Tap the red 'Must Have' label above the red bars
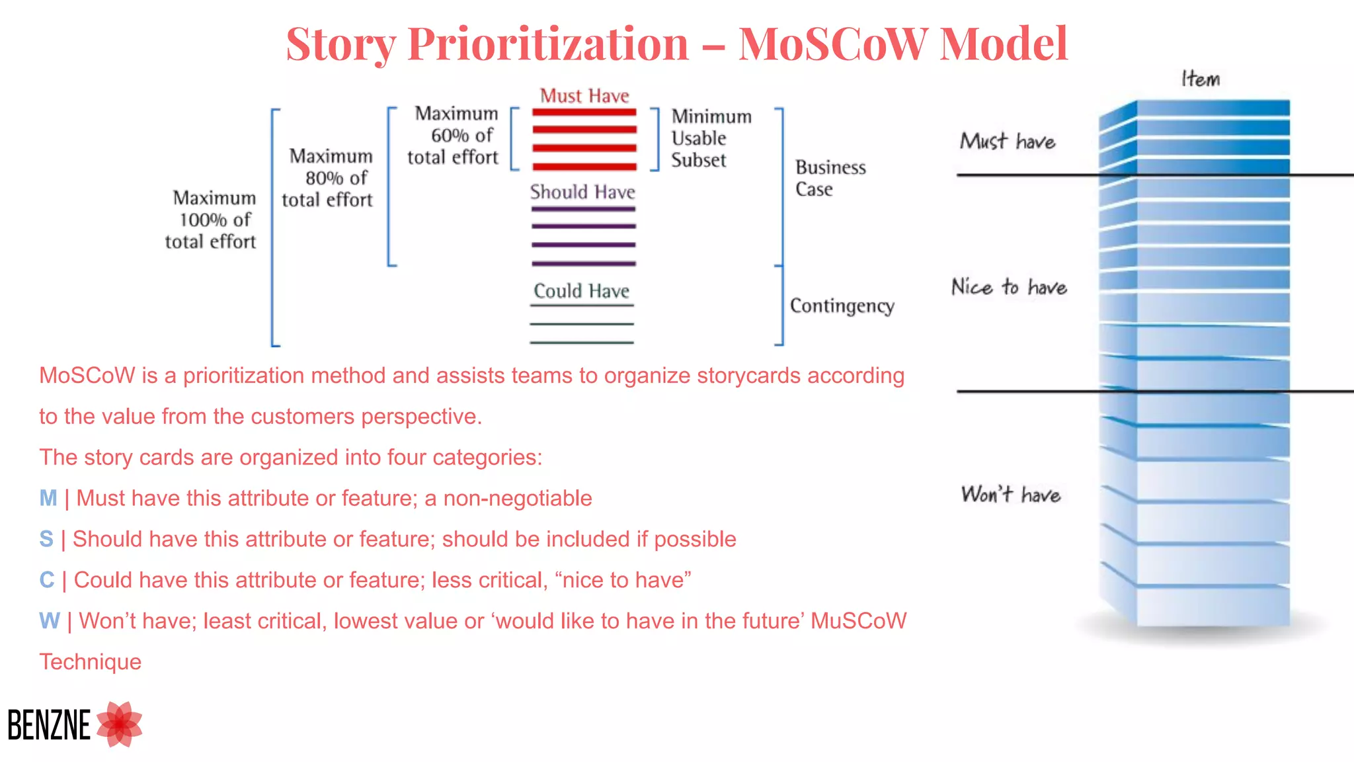click(584, 96)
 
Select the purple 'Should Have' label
click(582, 192)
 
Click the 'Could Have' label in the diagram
click(581, 291)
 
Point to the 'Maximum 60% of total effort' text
click(454, 136)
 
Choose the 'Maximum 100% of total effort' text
click(212, 220)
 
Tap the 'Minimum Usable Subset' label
click(710, 138)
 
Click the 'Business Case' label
click(829, 178)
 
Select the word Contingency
click(842, 306)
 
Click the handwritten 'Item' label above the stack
click(1200, 79)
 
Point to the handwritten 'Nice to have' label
click(1009, 287)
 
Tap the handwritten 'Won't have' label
click(1010, 495)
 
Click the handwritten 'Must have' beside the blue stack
click(1008, 142)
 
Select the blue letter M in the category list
click(48, 498)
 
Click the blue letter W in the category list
click(49, 621)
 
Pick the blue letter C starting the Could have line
click(47, 580)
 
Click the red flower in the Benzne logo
click(120, 724)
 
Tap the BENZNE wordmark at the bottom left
click(49, 725)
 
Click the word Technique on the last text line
click(91, 662)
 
